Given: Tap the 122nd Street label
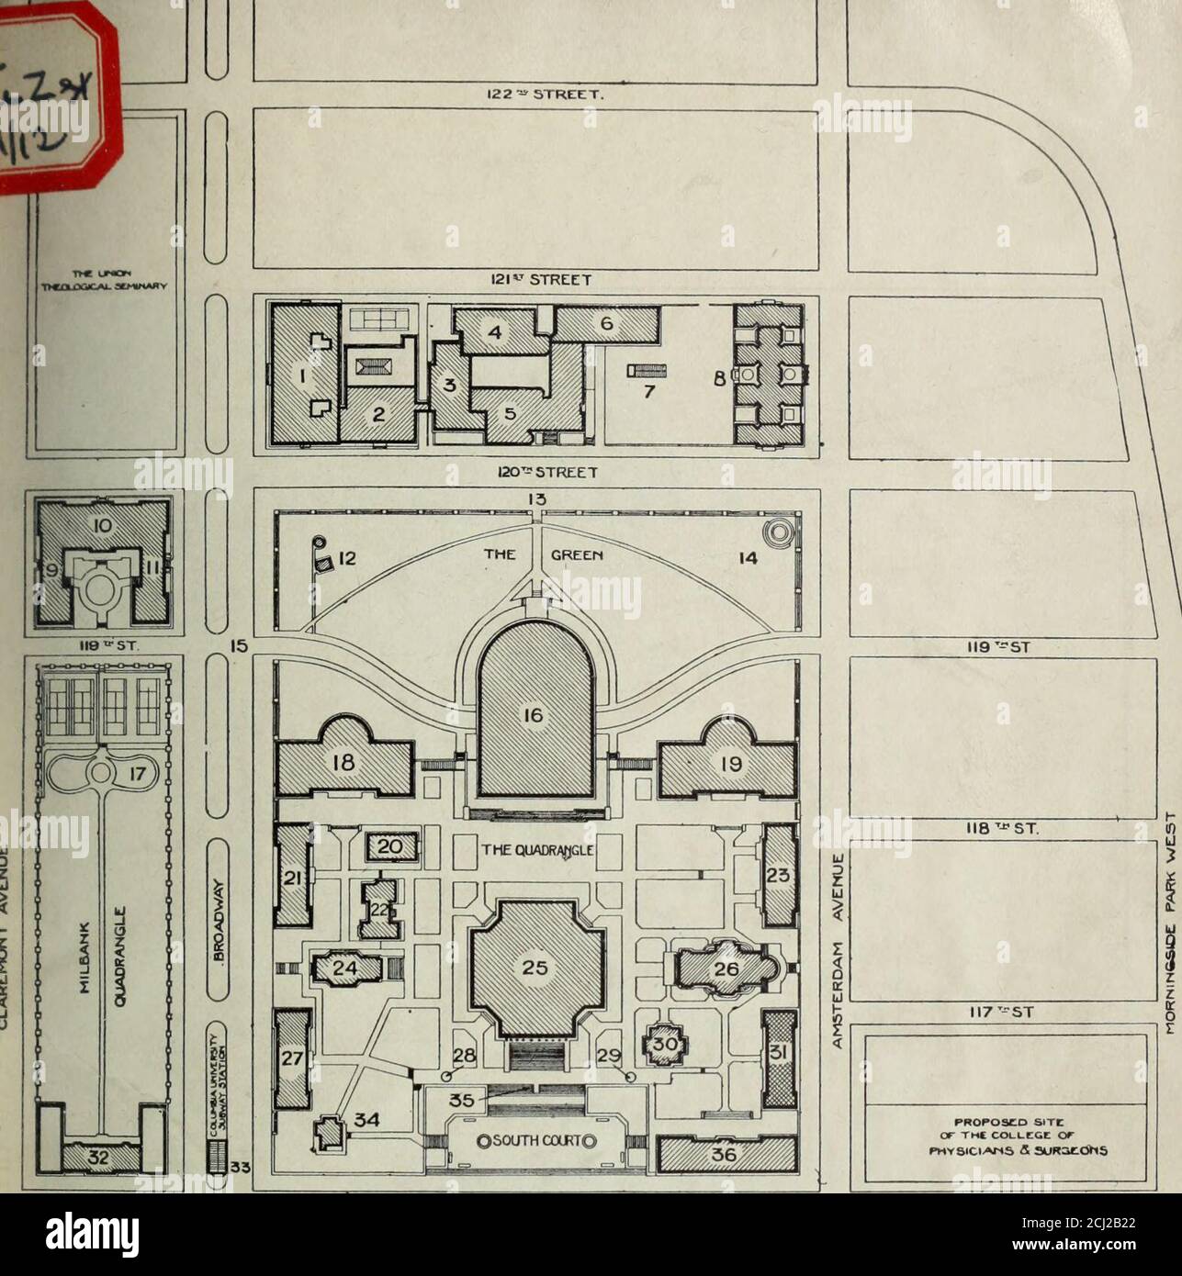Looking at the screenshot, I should coord(533,93).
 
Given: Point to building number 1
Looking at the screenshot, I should coord(297,376).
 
